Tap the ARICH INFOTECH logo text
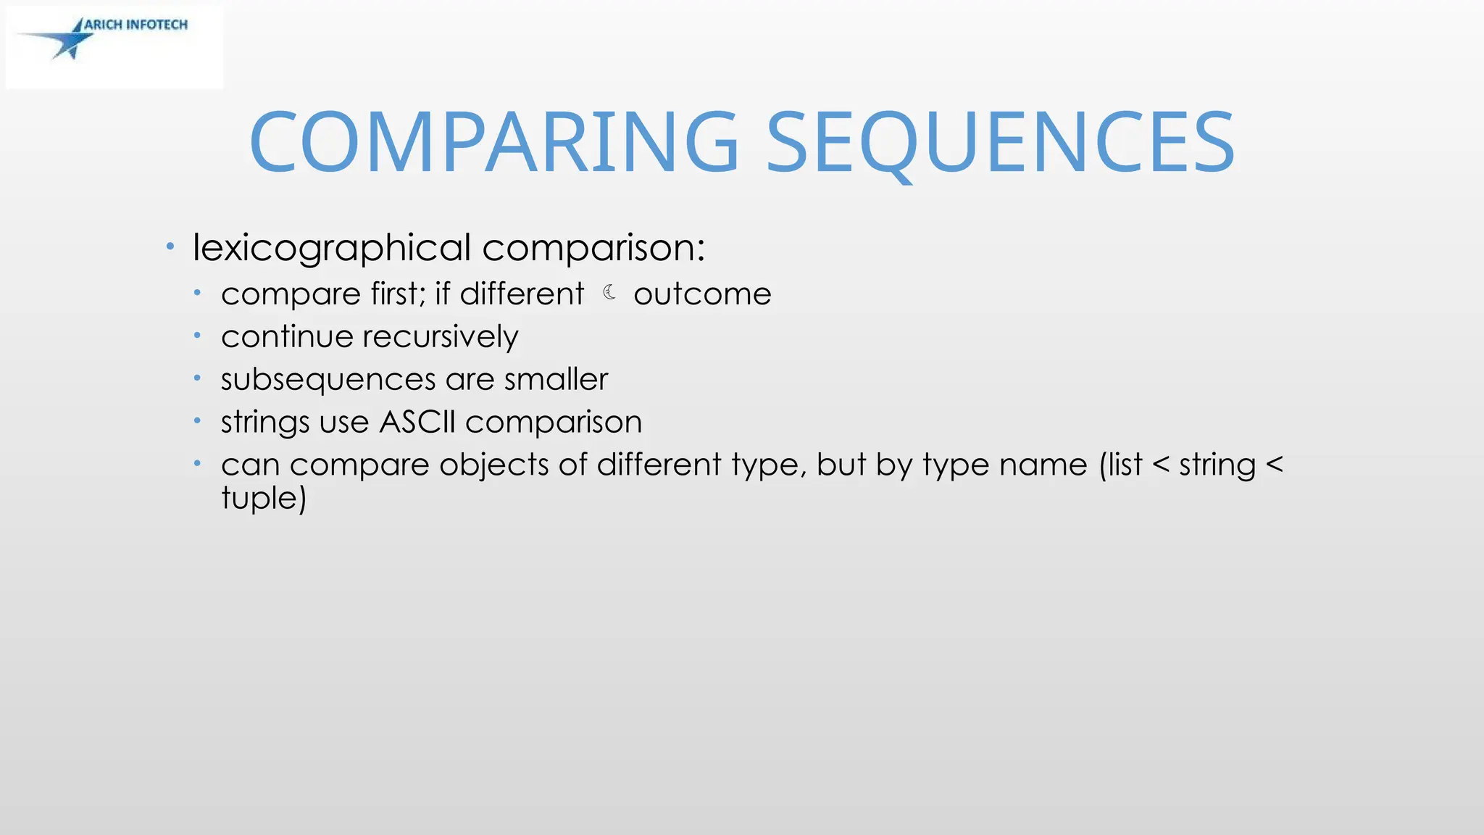coord(136,25)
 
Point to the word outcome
coord(702,294)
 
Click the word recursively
coord(441,337)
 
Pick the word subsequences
coord(328,380)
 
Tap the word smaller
coord(556,379)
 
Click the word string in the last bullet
coord(1217,465)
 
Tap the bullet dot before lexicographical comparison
coord(170,247)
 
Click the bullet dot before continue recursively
coord(197,336)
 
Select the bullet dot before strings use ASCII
coord(197,420)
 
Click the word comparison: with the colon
coord(593,249)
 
